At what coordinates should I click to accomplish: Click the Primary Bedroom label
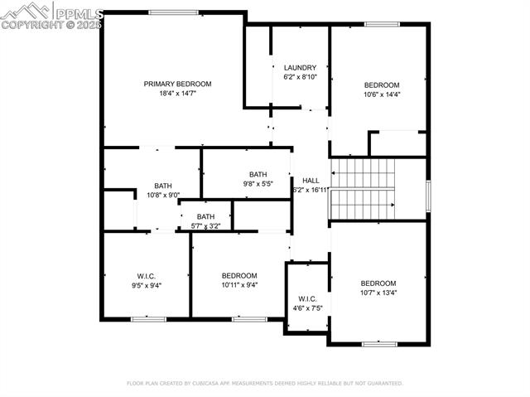(x=177, y=84)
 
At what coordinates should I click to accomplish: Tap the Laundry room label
(x=300, y=68)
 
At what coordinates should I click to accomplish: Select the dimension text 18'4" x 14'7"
(x=177, y=94)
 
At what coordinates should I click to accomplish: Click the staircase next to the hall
(x=363, y=189)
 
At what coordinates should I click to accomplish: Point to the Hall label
(x=311, y=180)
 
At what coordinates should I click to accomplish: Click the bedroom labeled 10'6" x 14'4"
(x=382, y=85)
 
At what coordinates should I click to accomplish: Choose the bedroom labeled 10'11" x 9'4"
(x=239, y=276)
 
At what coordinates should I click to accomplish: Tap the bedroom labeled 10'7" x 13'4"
(x=378, y=283)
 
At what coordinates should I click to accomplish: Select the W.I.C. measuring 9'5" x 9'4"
(x=147, y=276)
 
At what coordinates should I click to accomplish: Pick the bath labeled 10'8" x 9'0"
(x=163, y=186)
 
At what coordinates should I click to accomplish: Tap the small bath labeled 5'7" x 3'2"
(x=205, y=216)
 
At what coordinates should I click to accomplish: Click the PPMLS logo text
(x=78, y=12)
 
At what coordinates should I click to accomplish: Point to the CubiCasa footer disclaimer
(x=264, y=384)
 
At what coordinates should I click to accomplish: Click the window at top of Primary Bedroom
(x=173, y=12)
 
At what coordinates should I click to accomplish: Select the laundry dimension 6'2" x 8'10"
(x=300, y=77)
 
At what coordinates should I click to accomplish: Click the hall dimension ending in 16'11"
(x=311, y=190)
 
